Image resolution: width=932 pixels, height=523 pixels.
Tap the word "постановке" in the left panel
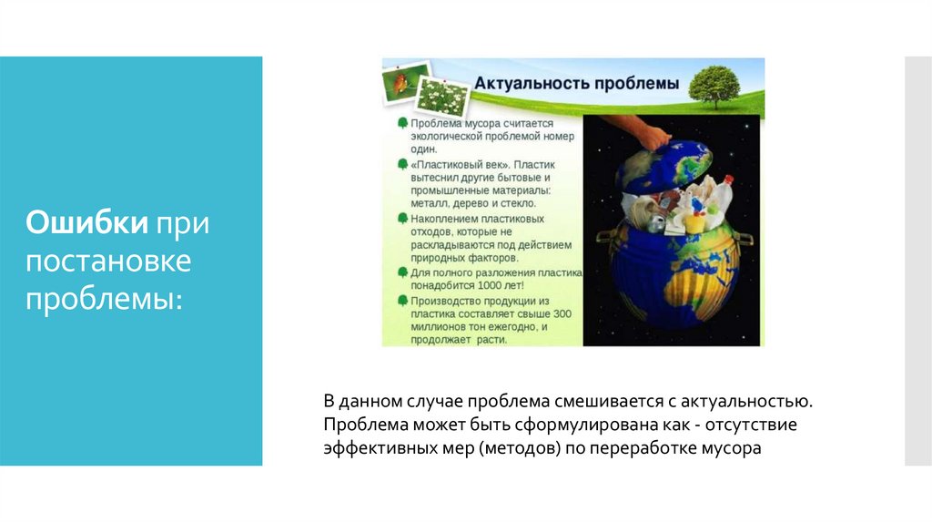pos(108,261)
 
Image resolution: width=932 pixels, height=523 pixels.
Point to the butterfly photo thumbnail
pos(401,83)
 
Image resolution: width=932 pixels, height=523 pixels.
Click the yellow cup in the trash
pos(694,221)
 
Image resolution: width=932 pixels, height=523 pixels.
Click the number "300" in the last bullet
pos(562,313)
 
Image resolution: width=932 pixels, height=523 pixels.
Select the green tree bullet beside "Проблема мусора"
pos(401,122)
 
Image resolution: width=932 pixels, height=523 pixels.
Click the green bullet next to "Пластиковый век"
pos(401,163)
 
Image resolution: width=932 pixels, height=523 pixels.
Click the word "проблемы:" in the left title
pos(103,298)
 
